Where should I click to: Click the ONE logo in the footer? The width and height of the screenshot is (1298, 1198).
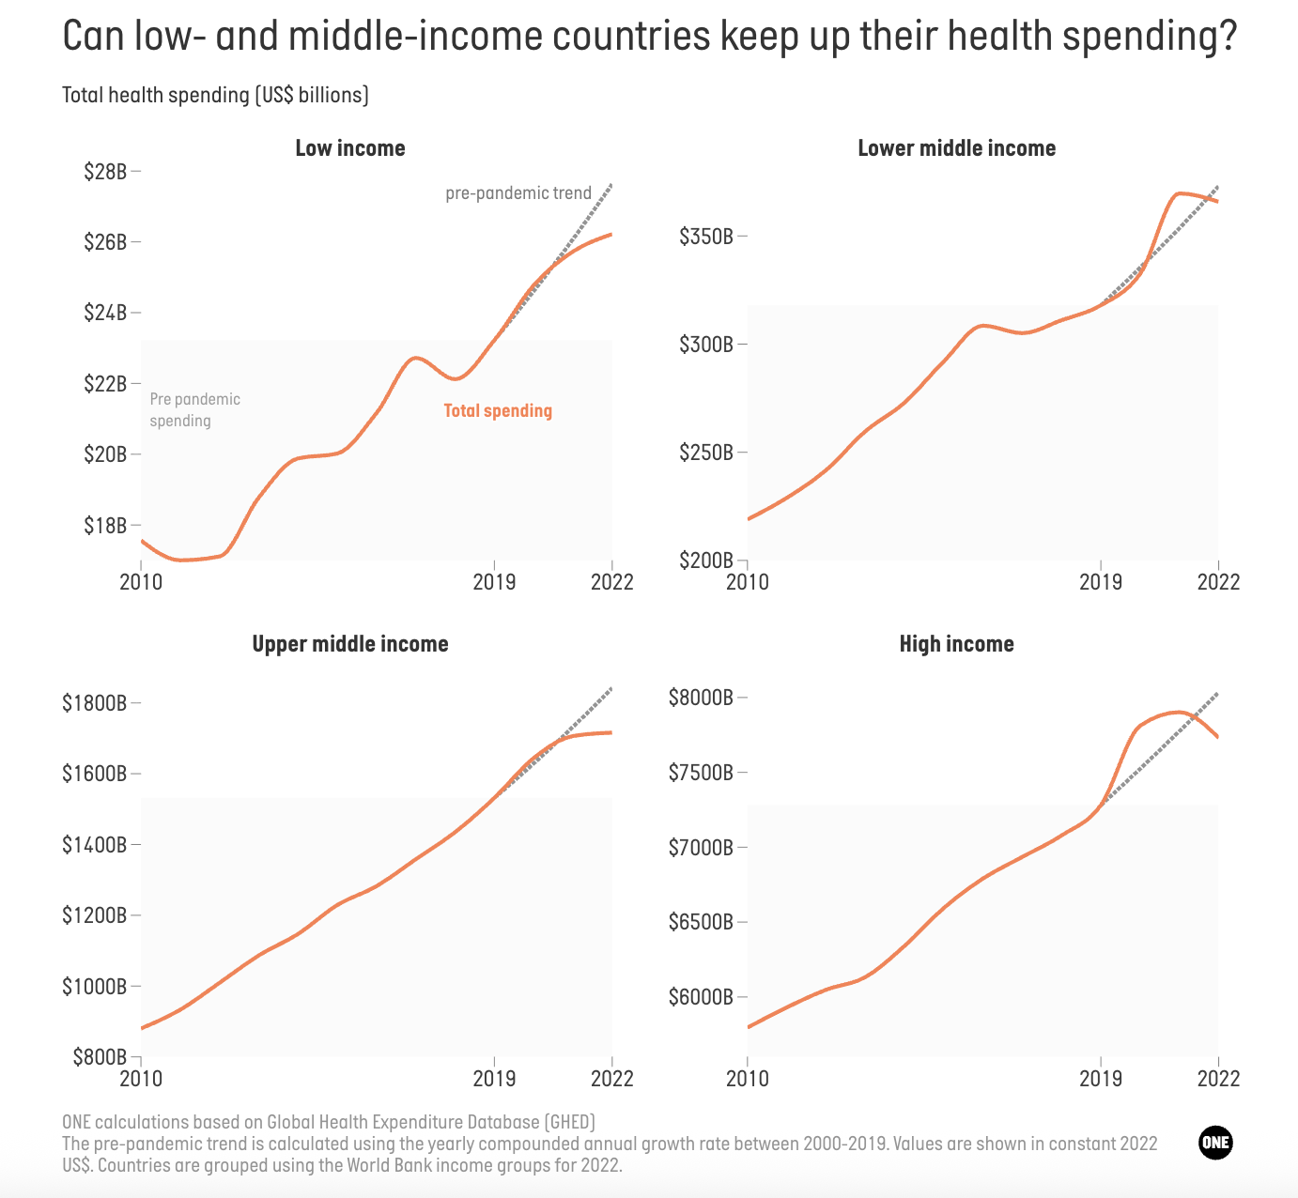[x=1215, y=1143]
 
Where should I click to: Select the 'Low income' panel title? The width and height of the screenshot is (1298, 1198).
[x=350, y=148]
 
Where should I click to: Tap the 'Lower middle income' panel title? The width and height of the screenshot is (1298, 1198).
[x=956, y=148]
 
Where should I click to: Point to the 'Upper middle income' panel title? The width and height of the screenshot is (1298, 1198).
[x=350, y=644]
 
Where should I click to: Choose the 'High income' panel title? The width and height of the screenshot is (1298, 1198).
[x=956, y=644]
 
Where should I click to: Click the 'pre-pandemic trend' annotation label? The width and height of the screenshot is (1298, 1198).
[x=518, y=193]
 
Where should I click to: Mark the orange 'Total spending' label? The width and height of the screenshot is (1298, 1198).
[x=498, y=410]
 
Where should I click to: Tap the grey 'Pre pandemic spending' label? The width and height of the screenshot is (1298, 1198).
[x=195, y=410]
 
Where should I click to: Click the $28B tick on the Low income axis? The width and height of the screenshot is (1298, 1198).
[x=105, y=172]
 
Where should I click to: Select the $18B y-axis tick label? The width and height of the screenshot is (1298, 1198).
[x=105, y=526]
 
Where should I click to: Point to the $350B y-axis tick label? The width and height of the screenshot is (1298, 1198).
[x=706, y=237]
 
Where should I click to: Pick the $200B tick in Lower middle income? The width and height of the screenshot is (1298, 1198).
[x=706, y=561]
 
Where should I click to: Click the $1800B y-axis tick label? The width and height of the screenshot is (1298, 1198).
[x=94, y=703]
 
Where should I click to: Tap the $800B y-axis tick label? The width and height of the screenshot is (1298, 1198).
[x=100, y=1057]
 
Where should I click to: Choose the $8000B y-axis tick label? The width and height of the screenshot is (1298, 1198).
[x=701, y=698]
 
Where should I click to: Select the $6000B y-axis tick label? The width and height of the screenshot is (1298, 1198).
[x=701, y=997]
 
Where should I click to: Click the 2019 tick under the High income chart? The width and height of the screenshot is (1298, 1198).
[x=1100, y=1078]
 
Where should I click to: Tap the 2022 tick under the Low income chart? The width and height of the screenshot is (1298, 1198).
[x=611, y=582]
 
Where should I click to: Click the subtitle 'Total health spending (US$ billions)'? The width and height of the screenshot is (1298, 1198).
[x=215, y=96]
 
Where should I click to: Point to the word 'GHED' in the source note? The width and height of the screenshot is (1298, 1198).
[x=570, y=1122]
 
